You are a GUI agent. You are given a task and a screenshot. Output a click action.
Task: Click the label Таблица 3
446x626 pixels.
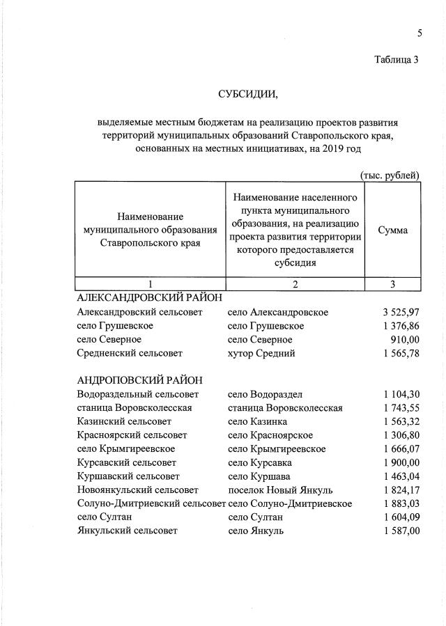pyautogui.click(x=395, y=59)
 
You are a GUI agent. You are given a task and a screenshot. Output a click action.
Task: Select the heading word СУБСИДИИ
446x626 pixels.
pyautogui.click(x=247, y=93)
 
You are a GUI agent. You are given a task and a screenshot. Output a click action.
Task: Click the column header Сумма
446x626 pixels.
pyautogui.click(x=393, y=230)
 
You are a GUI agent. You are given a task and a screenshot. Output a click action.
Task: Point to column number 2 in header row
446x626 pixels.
pyautogui.click(x=295, y=284)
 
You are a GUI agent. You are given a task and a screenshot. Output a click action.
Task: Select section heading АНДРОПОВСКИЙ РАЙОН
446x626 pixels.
pyautogui.click(x=139, y=380)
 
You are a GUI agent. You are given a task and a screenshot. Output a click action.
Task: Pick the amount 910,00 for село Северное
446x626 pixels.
pyautogui.click(x=406, y=340)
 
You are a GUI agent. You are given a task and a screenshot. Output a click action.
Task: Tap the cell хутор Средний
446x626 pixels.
pyautogui.click(x=261, y=354)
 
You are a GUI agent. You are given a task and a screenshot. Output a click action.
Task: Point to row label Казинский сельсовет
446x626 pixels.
pyautogui.click(x=125, y=421)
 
